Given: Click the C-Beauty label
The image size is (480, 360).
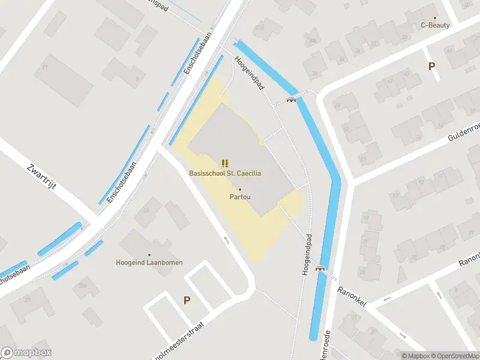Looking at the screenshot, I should point(435,25).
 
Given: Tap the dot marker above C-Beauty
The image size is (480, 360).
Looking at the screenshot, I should point(435,17).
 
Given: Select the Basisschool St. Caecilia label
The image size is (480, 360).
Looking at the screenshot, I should point(225,173).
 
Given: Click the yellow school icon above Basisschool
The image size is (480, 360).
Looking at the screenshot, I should point(225,163).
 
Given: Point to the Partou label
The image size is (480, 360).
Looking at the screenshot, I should point(240,197).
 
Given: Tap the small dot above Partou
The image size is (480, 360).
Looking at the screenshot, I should point(240,190).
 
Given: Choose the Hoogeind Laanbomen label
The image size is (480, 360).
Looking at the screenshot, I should point(149,262).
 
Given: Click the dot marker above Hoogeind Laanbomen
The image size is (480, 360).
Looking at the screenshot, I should point(149,254).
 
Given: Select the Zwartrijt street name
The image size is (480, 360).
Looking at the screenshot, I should point(42,176).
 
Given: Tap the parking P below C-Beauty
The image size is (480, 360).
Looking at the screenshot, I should point(431,67).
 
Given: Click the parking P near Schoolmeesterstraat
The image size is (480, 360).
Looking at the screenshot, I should point(187,300).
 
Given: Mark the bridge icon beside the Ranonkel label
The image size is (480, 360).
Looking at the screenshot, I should point(320,268).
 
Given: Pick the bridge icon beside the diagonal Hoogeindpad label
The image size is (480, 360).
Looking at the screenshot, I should point(292,100).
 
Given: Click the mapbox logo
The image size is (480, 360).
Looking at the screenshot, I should point(26,353).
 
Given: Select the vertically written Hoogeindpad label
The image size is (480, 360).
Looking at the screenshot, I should point(307,254).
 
